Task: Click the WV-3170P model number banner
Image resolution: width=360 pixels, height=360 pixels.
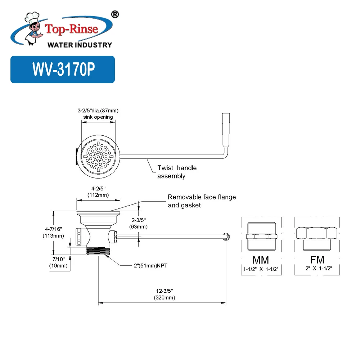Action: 63,69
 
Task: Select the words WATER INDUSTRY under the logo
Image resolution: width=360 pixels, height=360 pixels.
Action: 80,45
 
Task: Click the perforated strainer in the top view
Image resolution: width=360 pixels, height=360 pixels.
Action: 98,156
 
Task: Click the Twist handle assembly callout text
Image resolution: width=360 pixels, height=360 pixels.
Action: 177,172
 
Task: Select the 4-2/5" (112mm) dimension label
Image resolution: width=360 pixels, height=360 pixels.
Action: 98,191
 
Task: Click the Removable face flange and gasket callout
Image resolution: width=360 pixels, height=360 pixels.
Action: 202,201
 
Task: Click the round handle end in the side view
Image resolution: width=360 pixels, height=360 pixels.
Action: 226,236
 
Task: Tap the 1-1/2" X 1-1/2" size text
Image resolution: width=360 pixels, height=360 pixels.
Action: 261,268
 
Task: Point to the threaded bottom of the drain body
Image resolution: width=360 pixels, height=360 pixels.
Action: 98,251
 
